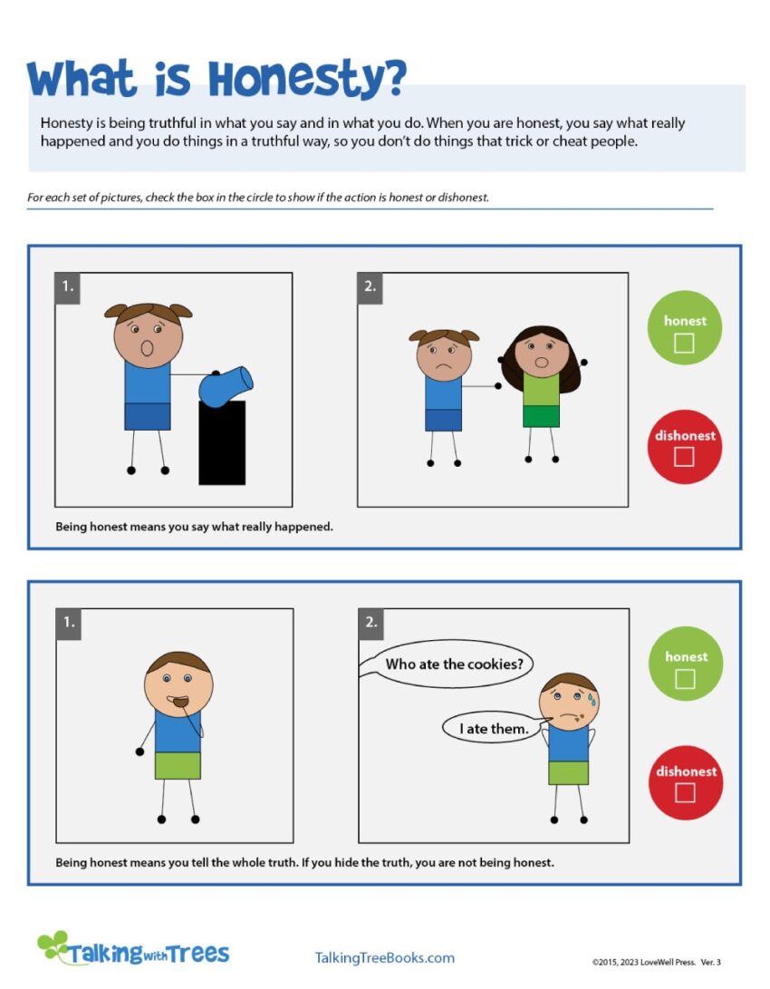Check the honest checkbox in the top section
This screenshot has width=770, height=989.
click(x=685, y=343)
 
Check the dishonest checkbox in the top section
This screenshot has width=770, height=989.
click(x=685, y=457)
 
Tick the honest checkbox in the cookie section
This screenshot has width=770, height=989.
click(x=685, y=679)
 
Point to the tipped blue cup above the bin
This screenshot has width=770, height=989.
click(x=225, y=385)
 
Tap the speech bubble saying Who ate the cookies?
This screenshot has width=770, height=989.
click(x=454, y=664)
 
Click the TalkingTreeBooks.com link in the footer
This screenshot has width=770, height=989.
click(x=384, y=958)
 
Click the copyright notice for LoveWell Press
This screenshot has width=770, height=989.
click(x=656, y=963)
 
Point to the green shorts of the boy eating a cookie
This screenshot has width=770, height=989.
click(x=177, y=765)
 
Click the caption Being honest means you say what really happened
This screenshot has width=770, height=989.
click(x=194, y=526)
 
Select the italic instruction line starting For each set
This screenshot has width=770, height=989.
click(x=258, y=197)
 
